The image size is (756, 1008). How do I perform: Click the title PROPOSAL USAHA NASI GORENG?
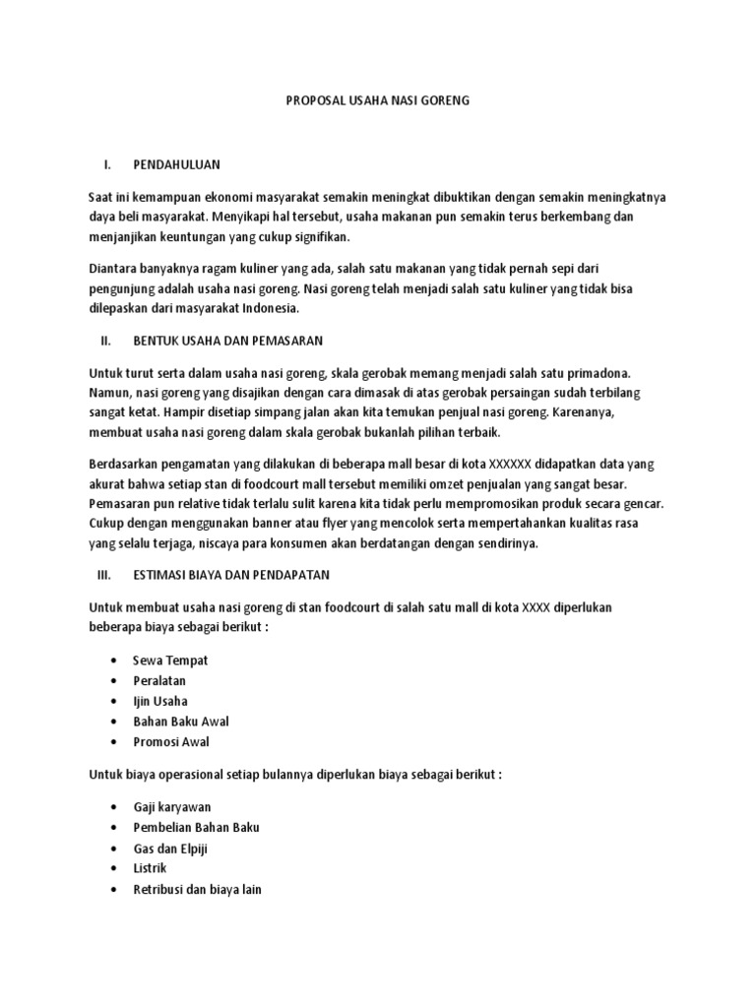[x=378, y=100]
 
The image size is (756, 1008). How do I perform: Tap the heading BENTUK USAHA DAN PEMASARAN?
[x=228, y=341]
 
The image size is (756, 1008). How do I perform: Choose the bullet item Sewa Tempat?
[x=171, y=660]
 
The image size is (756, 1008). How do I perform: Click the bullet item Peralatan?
[x=159, y=680]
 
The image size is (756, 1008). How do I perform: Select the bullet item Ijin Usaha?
[x=160, y=701]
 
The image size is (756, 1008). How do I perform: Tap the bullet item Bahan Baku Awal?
[x=181, y=722]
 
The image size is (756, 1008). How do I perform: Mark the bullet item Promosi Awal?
[x=171, y=742]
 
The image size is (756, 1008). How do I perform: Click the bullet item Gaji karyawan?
[x=172, y=807]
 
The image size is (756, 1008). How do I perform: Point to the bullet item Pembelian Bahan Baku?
[x=196, y=828]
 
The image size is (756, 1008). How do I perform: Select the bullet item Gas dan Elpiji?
[x=171, y=849]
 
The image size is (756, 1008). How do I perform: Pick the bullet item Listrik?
[x=151, y=868]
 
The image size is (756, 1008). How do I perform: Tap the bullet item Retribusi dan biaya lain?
[x=197, y=889]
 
